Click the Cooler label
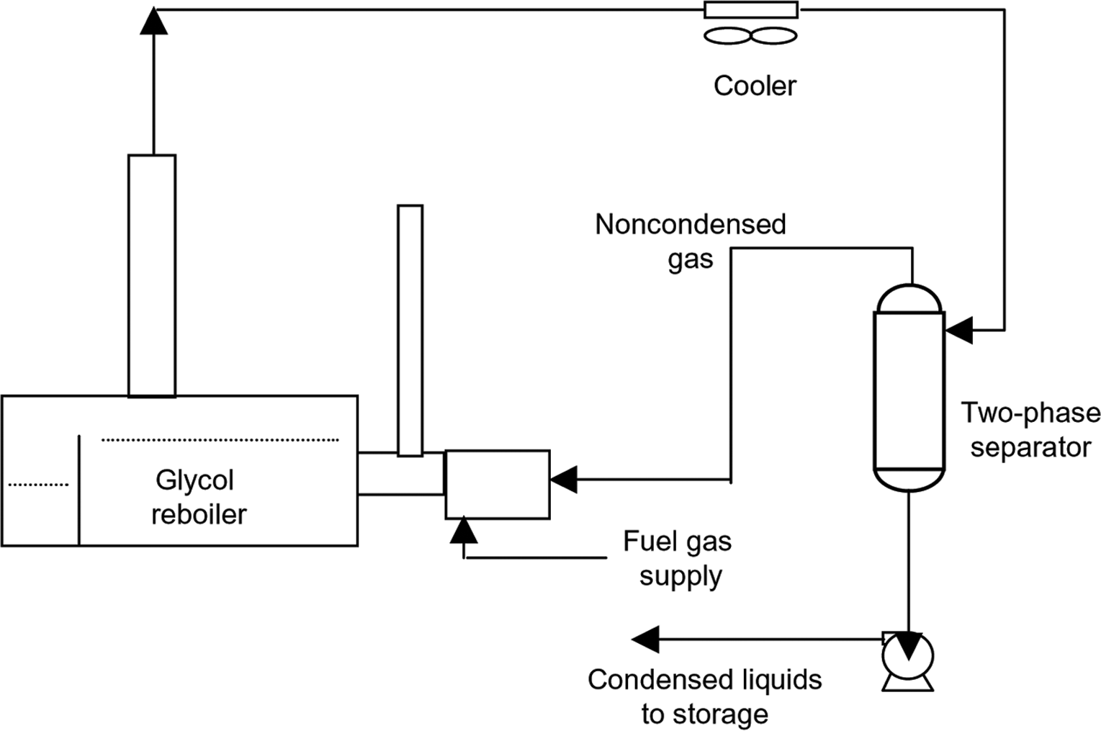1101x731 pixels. [x=754, y=86]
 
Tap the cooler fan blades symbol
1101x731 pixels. [x=750, y=35]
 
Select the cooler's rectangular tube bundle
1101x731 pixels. [x=750, y=10]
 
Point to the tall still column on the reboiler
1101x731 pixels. [x=151, y=275]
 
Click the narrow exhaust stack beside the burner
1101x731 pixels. [x=410, y=330]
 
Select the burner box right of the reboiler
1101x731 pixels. [x=497, y=484]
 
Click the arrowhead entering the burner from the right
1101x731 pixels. [x=564, y=479]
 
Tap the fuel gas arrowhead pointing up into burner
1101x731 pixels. [x=463, y=529]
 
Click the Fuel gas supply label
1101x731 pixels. [x=678, y=559]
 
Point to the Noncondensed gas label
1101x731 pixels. [x=690, y=241]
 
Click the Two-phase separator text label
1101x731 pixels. [x=1030, y=430]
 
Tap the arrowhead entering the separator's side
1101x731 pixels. [x=958, y=330]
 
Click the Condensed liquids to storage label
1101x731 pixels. [x=704, y=696]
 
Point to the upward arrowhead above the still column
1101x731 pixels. [x=153, y=21]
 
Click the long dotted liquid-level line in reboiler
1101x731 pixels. [x=220, y=439]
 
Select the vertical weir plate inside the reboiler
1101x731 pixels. [x=78, y=490]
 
